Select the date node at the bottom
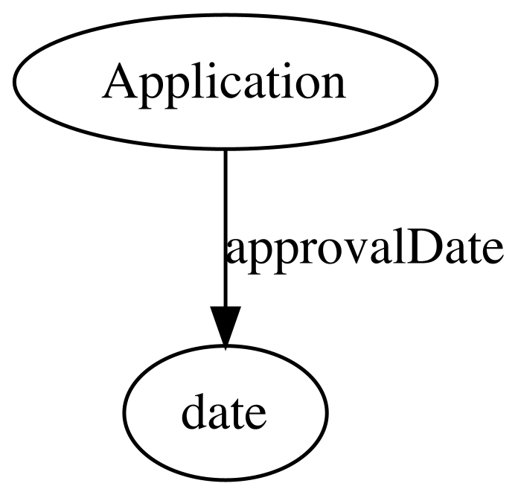click(226, 413)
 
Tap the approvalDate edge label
click(364, 251)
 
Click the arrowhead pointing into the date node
click(226, 327)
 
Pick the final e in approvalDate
click(491, 252)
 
